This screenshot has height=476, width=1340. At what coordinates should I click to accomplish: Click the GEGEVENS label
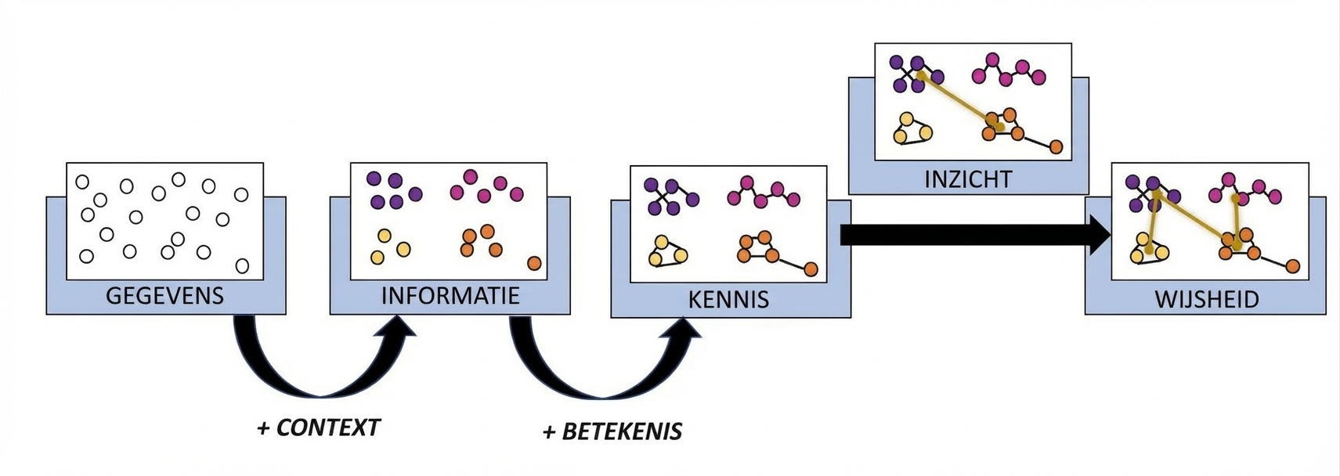164,296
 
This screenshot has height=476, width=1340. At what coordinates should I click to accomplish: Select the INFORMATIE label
450,296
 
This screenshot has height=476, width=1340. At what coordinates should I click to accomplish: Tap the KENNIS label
728,300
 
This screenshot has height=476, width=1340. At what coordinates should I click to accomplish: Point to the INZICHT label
968,179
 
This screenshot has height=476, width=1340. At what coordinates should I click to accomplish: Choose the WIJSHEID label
1206,300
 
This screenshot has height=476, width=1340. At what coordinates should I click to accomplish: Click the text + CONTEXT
318,427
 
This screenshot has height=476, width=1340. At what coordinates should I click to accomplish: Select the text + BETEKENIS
612,431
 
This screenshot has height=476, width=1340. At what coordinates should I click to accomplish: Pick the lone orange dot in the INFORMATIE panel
534,263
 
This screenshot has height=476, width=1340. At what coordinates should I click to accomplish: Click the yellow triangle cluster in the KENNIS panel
668,253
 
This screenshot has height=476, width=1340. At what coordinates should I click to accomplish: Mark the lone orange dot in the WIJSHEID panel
1292,267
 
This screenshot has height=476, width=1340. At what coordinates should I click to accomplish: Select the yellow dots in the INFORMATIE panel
388,247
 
